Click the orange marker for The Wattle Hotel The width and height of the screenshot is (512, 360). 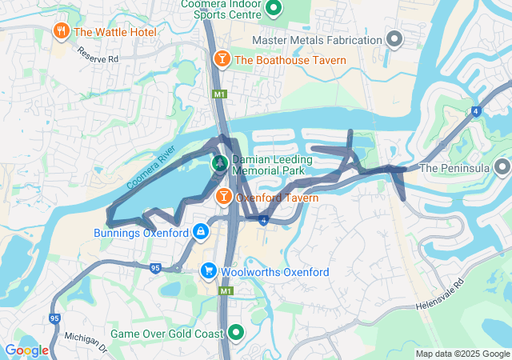click(x=60, y=32)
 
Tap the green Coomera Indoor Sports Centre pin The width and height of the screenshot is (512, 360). click(x=273, y=9)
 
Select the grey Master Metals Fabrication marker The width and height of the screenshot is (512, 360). click(x=394, y=39)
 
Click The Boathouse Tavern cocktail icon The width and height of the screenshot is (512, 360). click(x=222, y=59)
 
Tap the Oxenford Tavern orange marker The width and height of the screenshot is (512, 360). click(x=224, y=196)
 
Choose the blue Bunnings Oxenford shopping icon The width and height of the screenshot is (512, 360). click(x=200, y=233)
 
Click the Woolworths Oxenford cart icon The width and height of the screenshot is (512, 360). click(x=209, y=272)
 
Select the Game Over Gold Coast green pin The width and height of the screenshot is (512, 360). click(x=235, y=332)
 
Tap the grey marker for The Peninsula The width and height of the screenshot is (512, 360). click(x=502, y=168)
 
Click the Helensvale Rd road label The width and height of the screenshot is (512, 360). click(x=439, y=295)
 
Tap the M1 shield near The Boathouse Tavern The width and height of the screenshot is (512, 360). click(x=219, y=95)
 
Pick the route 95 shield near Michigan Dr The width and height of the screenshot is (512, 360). click(x=54, y=318)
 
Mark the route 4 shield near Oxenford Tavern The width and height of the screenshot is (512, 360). click(x=262, y=218)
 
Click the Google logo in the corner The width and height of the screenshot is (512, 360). click(x=26, y=350)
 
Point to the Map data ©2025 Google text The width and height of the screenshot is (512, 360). click(x=462, y=354)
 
